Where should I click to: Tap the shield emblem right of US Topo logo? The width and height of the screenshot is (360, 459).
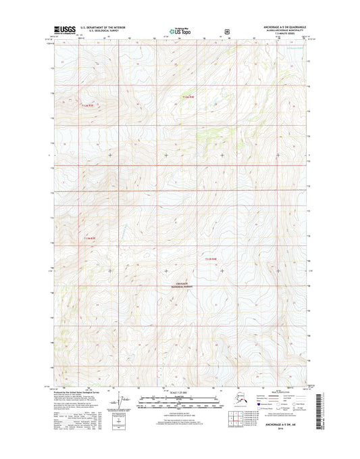point(227,30)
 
